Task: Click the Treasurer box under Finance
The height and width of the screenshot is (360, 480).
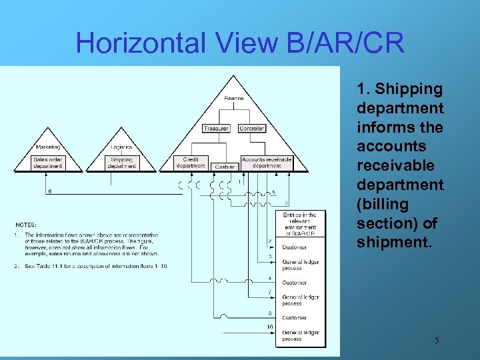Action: [x=216, y=128]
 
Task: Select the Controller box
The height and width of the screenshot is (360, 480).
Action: [x=252, y=128]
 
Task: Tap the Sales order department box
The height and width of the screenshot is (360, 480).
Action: [x=48, y=163]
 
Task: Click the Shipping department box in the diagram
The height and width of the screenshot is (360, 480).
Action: [x=121, y=163]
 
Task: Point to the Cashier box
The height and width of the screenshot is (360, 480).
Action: [x=225, y=167]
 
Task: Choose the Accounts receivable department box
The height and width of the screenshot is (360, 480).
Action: [x=266, y=163]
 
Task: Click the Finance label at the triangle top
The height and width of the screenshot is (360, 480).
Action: [x=233, y=99]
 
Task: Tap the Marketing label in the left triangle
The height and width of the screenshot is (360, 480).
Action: [x=48, y=147]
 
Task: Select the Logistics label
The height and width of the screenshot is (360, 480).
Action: [x=121, y=147]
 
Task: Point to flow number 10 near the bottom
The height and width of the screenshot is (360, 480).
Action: [x=269, y=326]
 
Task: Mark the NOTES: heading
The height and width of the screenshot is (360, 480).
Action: [x=26, y=225]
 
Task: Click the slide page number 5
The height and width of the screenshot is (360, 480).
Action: [x=436, y=341]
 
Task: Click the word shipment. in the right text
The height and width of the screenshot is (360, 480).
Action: [x=395, y=242]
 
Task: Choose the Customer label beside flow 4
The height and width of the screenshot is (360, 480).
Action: [x=294, y=283]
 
